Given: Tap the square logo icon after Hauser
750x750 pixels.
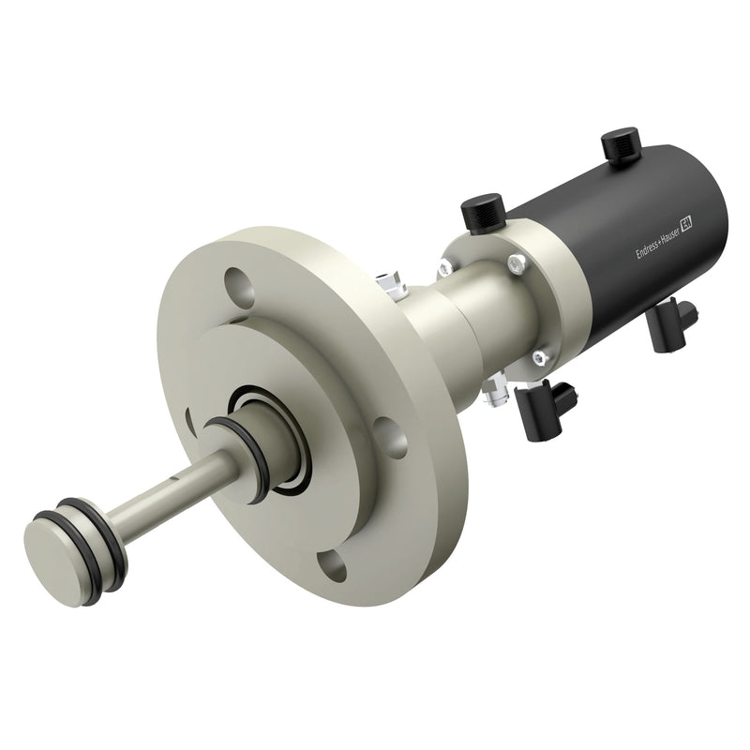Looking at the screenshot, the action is click(687, 222).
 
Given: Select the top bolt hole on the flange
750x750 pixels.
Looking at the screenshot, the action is click(240, 287).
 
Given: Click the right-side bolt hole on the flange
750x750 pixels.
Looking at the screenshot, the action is click(391, 437).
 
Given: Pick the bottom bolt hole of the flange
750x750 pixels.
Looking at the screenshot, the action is click(332, 566).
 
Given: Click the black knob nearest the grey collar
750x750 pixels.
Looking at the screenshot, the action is click(483, 213).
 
